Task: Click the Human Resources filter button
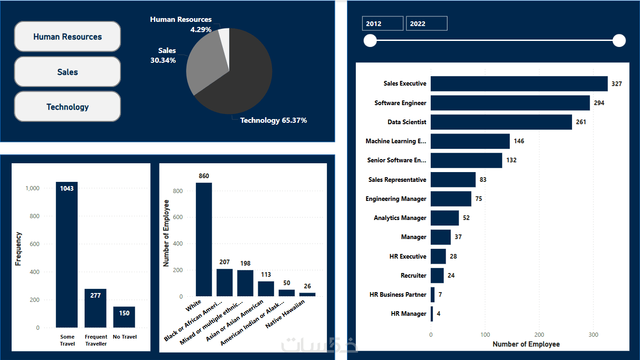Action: point(67,37)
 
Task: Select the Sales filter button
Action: point(67,72)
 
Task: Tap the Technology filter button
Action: point(67,107)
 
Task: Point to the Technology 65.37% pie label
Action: point(273,120)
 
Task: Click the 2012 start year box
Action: point(382,24)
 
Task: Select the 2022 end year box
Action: point(427,24)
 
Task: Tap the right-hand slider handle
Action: point(619,41)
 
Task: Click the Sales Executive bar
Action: point(519,84)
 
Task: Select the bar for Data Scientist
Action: point(501,122)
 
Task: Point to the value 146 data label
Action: point(519,141)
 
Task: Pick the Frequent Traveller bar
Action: point(95,308)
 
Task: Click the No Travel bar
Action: point(124,317)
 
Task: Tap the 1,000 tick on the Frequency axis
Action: point(32,188)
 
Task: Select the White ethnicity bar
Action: point(204,240)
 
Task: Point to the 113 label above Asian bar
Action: point(266,275)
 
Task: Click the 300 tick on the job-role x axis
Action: point(593,334)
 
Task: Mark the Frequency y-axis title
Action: point(19,249)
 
